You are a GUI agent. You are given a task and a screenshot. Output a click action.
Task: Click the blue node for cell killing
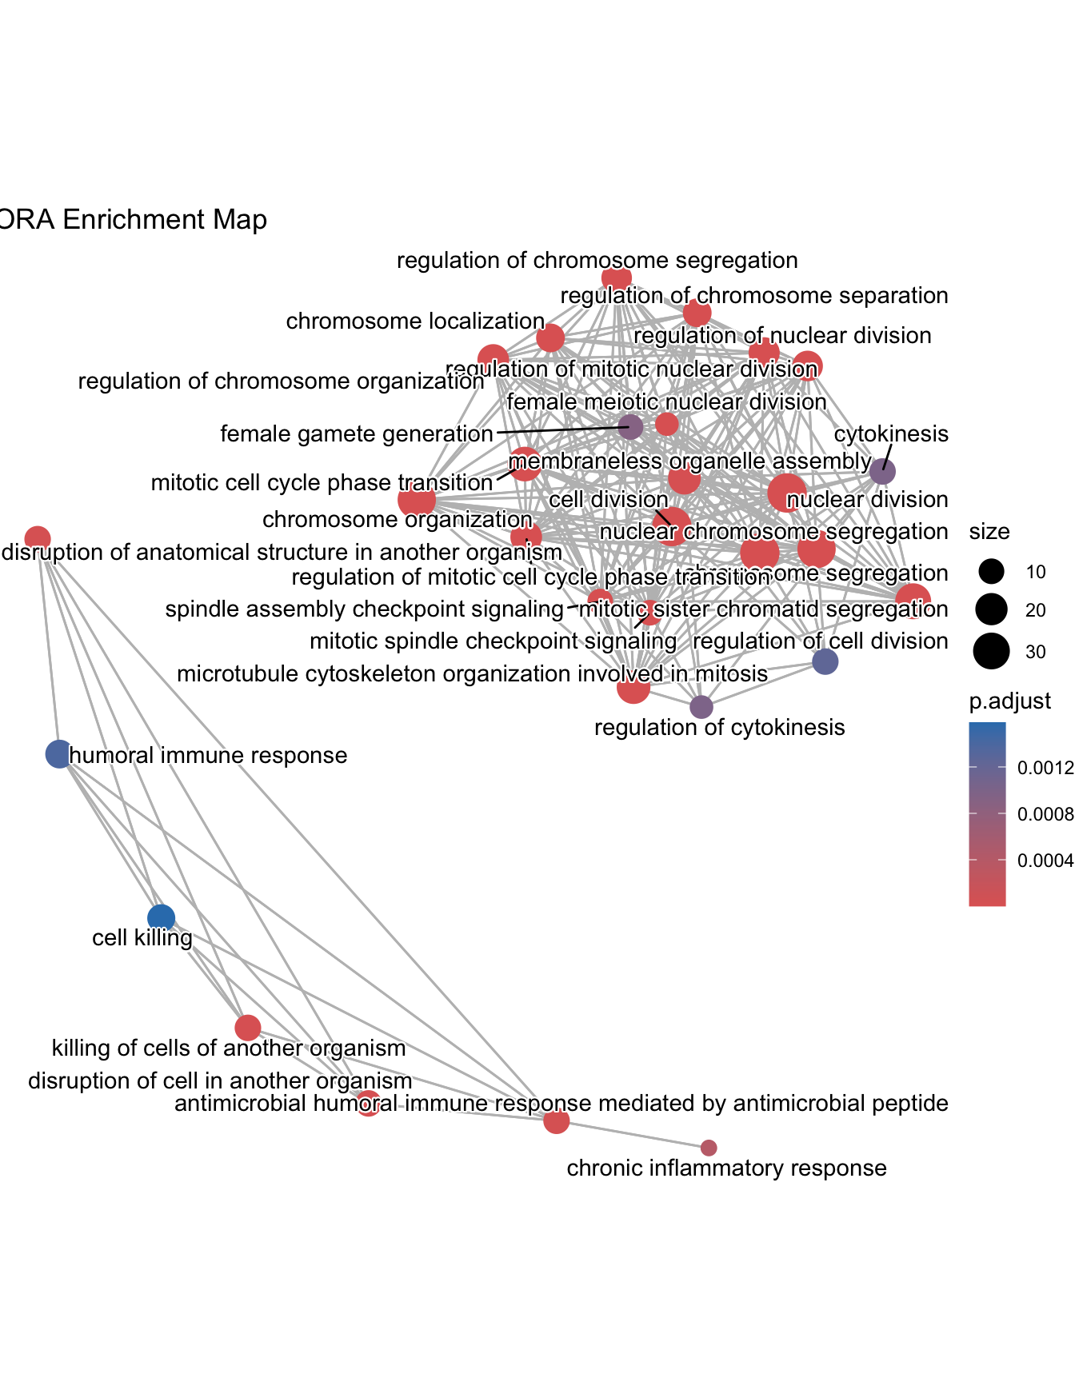pos(162,917)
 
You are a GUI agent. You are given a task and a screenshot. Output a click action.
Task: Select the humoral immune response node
pos(58,753)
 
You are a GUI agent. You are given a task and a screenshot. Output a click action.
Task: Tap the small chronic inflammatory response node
pos(709,1148)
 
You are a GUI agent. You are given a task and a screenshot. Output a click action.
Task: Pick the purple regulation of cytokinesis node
pos(701,707)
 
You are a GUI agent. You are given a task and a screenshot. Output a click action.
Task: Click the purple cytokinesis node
pos(882,471)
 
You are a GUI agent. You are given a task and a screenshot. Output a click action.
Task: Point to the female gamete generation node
pos(631,427)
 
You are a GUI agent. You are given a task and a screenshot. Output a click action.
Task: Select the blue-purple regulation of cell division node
pos(825,661)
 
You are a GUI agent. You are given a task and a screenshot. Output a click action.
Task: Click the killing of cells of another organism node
pos(248,1027)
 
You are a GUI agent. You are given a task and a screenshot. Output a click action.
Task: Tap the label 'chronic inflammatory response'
pos(726,1168)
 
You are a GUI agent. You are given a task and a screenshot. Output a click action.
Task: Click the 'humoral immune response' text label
pos(209,756)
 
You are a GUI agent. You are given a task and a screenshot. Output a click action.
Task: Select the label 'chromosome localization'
pos(415,322)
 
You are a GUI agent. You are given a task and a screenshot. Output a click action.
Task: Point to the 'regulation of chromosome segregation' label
pos(597,261)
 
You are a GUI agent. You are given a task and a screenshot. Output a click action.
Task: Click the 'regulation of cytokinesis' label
pos(719,728)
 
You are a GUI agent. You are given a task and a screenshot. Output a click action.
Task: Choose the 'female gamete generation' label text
pos(357,434)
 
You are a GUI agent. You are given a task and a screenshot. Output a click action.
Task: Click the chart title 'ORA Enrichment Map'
pos(133,220)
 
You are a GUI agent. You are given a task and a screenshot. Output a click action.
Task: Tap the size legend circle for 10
pos(991,572)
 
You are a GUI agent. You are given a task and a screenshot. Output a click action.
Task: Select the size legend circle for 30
pos(991,651)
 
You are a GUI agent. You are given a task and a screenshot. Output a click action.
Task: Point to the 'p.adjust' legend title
pos(1009,701)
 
